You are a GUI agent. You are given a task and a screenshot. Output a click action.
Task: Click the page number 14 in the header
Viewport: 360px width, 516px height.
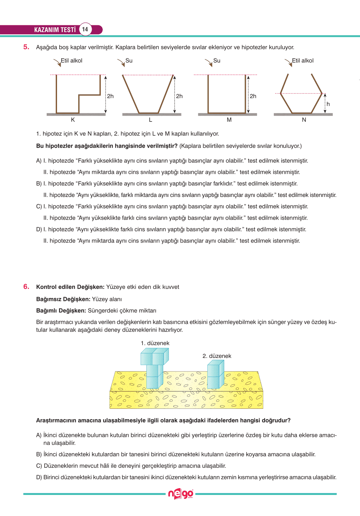tap(85, 29)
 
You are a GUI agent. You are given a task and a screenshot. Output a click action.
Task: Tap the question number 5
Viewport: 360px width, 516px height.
tap(26, 47)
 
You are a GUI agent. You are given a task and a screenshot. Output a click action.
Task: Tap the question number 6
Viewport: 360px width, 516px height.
tap(26, 287)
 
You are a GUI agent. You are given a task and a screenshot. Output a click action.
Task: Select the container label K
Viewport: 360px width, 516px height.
tap(73, 120)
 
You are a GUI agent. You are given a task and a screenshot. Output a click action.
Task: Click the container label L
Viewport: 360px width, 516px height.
tap(150, 120)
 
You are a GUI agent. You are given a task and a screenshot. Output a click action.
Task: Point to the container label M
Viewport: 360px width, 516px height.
tap(229, 120)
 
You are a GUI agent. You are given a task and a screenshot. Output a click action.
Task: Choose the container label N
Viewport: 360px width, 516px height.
tap(304, 120)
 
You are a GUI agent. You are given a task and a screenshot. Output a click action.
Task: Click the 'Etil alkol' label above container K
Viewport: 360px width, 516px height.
tap(72, 61)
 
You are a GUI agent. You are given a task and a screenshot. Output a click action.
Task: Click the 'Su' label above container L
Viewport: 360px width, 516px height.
tap(129, 61)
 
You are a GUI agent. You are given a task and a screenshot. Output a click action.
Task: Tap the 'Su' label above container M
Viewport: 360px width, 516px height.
tap(217, 61)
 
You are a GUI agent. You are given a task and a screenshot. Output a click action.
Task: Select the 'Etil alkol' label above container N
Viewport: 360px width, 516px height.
tap(303, 61)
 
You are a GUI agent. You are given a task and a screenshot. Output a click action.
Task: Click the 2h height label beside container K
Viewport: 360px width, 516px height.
tap(110, 96)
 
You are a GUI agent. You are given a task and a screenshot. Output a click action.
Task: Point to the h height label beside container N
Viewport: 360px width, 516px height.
tap(328, 104)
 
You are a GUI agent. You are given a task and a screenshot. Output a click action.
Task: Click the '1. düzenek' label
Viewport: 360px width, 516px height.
tap(155, 343)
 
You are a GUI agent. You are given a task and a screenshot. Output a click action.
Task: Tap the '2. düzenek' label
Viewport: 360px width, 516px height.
tap(217, 356)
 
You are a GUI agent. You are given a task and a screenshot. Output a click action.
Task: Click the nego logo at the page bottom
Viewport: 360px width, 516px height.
tap(180, 494)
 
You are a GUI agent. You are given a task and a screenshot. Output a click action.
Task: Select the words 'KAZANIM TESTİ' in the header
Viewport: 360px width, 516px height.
tap(55, 30)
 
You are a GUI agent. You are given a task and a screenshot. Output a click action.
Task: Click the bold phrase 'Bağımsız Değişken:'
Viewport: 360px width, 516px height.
tap(63, 299)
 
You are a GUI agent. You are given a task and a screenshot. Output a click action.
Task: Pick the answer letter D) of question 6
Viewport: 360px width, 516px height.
tap(39, 477)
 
